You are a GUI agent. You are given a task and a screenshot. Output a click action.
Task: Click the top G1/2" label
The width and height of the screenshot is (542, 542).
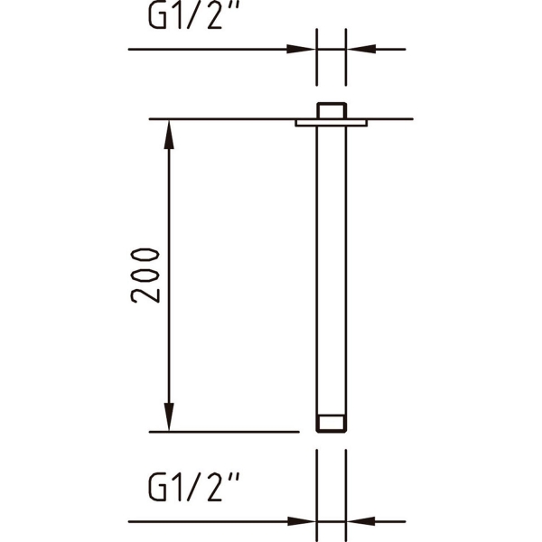coord(193,16)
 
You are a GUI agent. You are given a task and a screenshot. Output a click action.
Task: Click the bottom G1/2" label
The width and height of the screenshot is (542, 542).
coord(193,488)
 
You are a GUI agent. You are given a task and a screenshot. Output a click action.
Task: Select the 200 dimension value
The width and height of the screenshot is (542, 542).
coord(145,276)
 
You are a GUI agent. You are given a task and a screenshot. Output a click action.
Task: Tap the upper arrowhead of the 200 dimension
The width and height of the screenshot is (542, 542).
coord(169,135)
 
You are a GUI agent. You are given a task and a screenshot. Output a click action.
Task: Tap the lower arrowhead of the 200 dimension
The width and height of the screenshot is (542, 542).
coord(169,416)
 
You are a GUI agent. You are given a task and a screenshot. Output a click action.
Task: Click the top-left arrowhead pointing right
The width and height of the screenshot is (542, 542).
coord(301,49)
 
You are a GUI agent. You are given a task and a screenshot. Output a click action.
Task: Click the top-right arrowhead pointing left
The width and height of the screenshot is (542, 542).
coord(360,49)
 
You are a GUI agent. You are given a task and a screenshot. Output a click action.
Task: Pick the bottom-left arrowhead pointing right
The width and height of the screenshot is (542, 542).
coord(301,521)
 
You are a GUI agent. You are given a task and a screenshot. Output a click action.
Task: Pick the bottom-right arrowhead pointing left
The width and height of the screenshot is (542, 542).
coord(360,521)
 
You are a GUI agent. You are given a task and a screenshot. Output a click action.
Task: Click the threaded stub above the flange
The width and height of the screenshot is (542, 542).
coord(332,110)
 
